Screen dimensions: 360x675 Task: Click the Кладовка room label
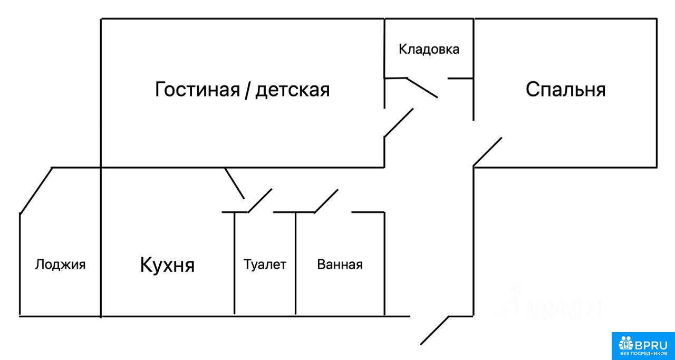coord(429,50)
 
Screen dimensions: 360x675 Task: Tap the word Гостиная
coord(197,89)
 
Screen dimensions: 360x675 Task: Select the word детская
coord(293,90)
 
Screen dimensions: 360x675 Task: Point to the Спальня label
coord(565,89)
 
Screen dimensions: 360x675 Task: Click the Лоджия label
coord(60,265)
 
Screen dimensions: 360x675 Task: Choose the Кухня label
coord(167,265)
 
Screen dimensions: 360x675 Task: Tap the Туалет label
coord(265,264)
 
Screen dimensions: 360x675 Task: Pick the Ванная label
coord(340,264)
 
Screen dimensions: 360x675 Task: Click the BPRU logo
coord(643,346)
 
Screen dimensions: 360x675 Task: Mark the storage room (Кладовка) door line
coord(422,88)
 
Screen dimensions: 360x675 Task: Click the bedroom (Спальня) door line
coord(487,152)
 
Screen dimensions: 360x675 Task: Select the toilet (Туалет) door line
coord(259,201)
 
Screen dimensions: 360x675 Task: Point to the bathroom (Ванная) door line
coord(326,201)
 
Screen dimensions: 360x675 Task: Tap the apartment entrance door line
coord(434,330)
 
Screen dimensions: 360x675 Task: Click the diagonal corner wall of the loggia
coord(36,190)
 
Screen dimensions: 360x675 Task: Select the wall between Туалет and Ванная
coord(295,264)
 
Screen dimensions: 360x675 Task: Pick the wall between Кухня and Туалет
coord(235,264)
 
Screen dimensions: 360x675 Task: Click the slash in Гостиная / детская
coord(247,90)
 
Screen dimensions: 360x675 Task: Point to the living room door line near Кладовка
coord(398,123)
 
